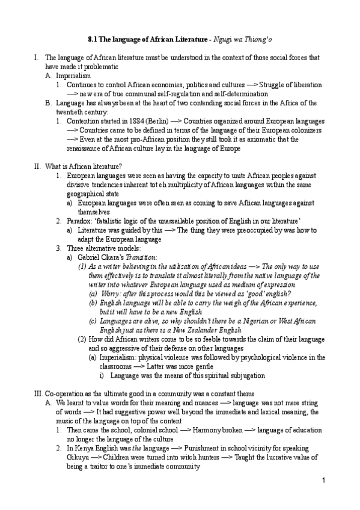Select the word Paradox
click(x=81, y=221)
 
